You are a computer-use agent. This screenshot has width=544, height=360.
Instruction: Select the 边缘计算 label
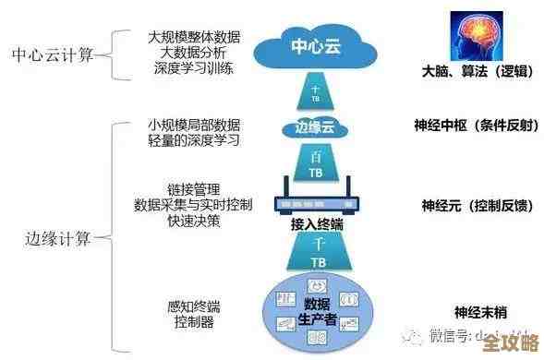[x=57, y=239]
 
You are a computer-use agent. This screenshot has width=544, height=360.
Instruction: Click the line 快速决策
[x=194, y=221]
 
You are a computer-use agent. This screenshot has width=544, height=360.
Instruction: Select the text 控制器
[x=194, y=322]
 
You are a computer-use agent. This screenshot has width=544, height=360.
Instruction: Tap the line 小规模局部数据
[x=194, y=123]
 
